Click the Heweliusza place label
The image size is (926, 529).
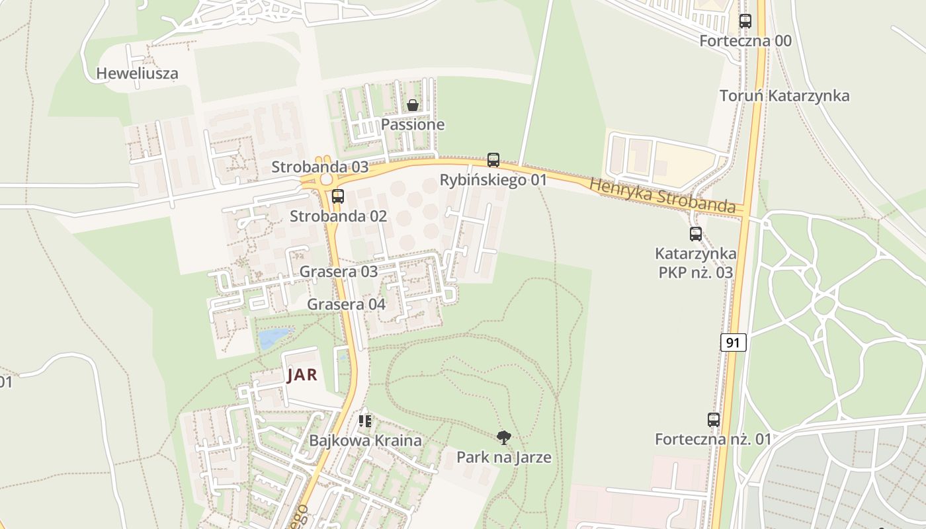(138, 73)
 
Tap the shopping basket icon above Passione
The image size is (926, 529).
(413, 105)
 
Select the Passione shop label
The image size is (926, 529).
(413, 124)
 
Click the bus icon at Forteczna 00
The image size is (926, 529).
(745, 21)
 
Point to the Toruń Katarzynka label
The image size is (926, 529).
(784, 96)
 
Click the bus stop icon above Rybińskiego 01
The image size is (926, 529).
(493, 160)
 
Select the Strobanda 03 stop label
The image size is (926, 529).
(320, 167)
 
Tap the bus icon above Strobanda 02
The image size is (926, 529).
(338, 196)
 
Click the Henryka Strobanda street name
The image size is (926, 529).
(662, 196)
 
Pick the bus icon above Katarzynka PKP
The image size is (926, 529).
(696, 234)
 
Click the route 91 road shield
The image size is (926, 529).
(733, 343)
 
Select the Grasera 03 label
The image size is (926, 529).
(339, 271)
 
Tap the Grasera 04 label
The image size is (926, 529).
(346, 304)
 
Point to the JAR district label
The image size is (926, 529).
(302, 375)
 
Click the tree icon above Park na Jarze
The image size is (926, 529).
(504, 437)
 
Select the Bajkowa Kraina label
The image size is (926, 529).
(365, 440)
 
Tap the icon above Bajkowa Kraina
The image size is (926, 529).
(365, 421)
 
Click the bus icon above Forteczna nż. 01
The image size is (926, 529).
(714, 420)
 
